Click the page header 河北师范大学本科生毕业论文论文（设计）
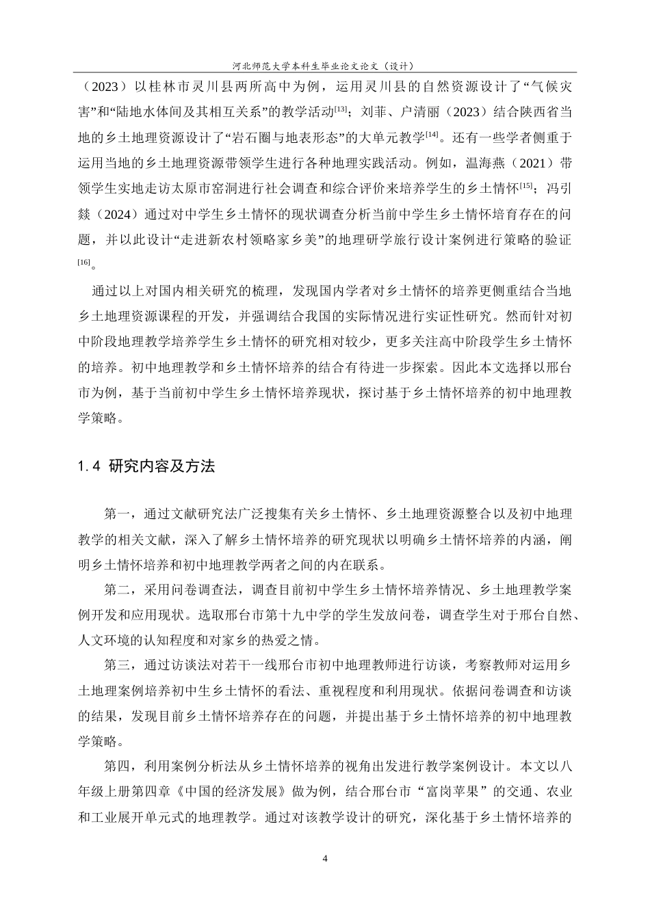pyautogui.click(x=324, y=66)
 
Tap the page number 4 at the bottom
pyautogui.click(x=325, y=859)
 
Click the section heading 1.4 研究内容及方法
pyautogui.click(x=147, y=467)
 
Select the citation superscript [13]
pyautogui.click(x=341, y=107)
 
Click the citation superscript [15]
pyautogui.click(x=526, y=185)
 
